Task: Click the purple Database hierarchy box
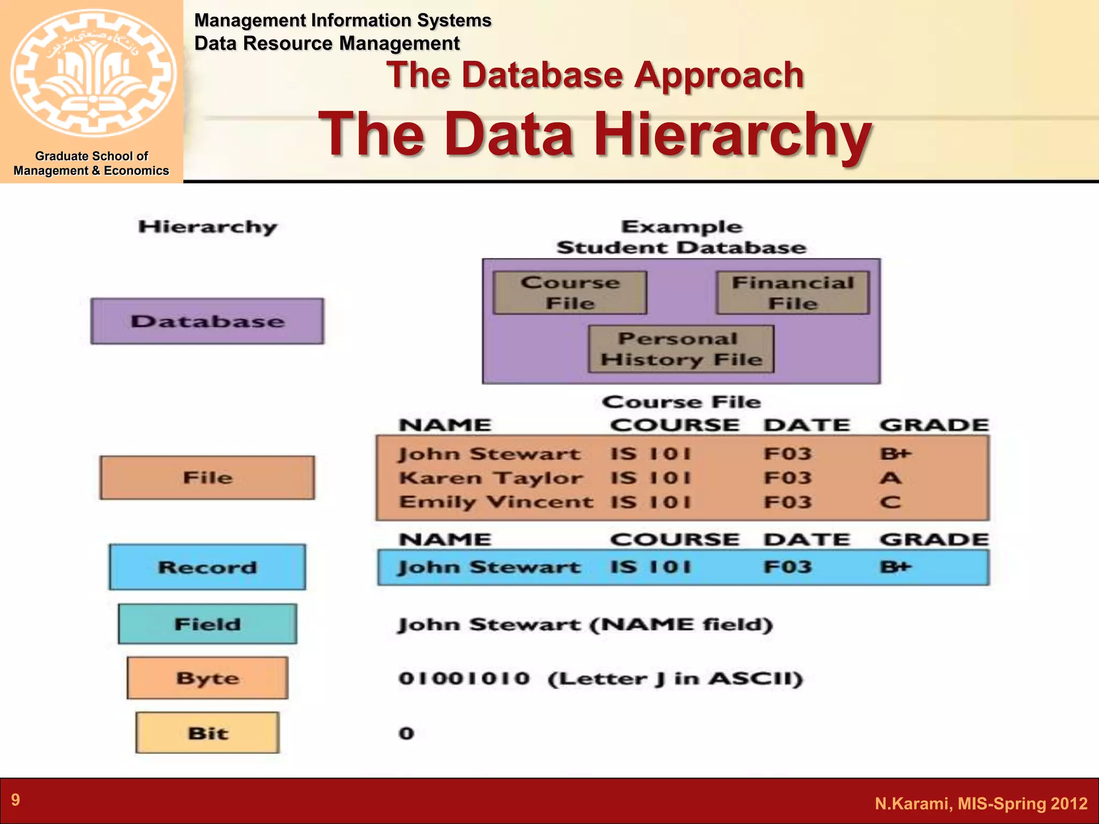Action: [x=207, y=321]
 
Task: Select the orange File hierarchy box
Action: [x=207, y=477]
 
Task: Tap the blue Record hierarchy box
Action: [x=207, y=567]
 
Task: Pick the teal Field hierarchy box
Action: [x=207, y=624]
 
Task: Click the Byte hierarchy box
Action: [x=207, y=678]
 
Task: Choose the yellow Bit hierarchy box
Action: [x=208, y=733]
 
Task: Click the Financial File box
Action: [x=793, y=293]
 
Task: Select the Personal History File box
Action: [x=681, y=349]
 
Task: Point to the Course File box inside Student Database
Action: [x=570, y=293]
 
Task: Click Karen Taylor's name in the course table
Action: [x=490, y=478]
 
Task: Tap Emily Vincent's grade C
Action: [x=890, y=502]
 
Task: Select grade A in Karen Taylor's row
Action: [x=890, y=478]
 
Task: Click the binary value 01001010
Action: [x=464, y=678]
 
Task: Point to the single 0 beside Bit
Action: [x=406, y=733]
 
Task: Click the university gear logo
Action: [x=92, y=72]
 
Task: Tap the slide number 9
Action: [x=16, y=800]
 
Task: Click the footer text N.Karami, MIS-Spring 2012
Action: [x=981, y=804]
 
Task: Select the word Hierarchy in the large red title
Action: [x=732, y=134]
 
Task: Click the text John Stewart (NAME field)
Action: [x=585, y=624]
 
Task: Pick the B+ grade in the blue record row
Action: [x=896, y=567]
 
